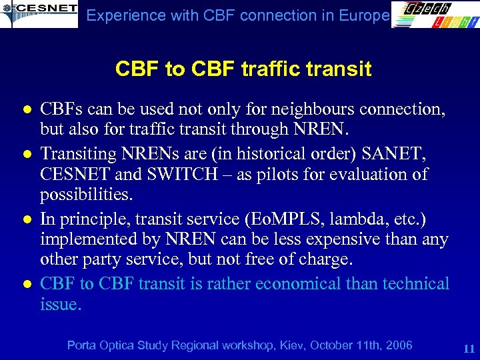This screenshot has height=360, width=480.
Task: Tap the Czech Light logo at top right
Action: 434,14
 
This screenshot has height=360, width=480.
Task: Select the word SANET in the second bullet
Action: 396,153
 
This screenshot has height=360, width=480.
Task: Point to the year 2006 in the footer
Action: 399,345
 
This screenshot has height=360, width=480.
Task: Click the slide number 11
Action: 467,348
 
